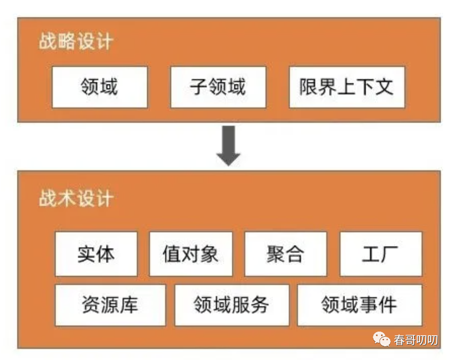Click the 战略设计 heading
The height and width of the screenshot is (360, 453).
(x=75, y=42)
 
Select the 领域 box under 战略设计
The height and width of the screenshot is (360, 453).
(x=99, y=87)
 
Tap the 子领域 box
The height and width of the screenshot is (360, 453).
(x=218, y=87)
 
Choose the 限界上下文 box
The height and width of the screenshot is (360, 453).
(x=347, y=87)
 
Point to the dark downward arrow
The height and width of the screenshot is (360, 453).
(x=229, y=146)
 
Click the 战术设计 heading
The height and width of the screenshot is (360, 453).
(x=75, y=198)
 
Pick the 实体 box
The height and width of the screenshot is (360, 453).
(x=96, y=254)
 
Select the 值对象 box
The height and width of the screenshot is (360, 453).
(x=191, y=254)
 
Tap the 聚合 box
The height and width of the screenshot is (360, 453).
(x=285, y=254)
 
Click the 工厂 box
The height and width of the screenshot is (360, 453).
(x=380, y=254)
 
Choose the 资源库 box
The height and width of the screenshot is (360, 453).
(x=110, y=305)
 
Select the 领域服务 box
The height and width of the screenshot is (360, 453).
(x=232, y=305)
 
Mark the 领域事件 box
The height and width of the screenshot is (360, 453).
(x=359, y=305)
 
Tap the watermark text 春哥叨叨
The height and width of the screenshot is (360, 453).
(x=416, y=340)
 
